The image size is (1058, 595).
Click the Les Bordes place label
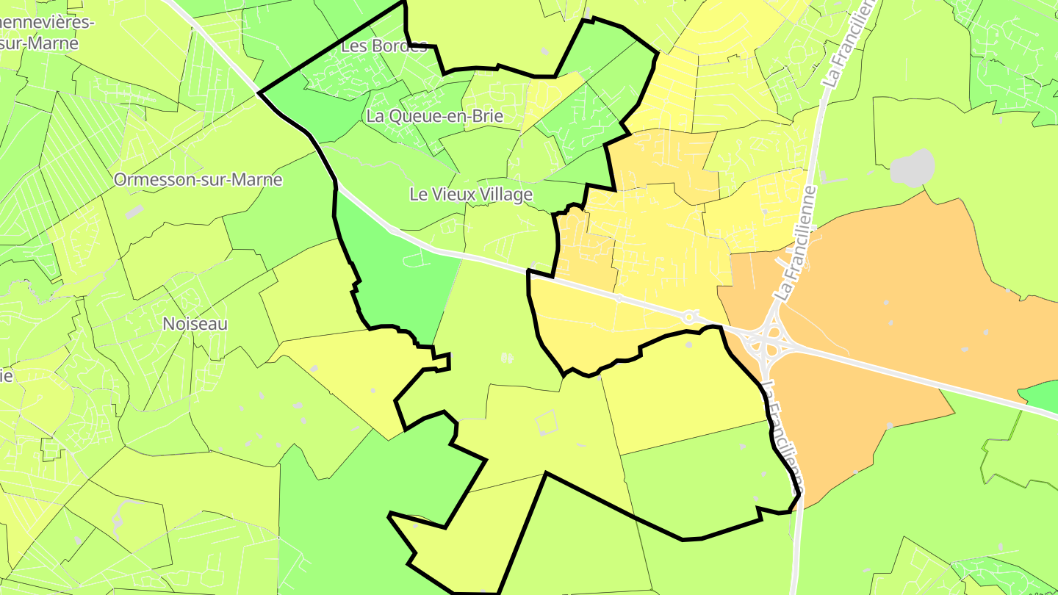[x=384, y=46]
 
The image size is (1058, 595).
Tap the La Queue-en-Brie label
[x=434, y=116]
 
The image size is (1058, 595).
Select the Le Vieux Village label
[x=471, y=195]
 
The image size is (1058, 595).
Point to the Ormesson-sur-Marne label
[x=198, y=180]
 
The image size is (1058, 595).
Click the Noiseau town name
[x=195, y=324]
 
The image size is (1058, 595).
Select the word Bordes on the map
[x=399, y=46]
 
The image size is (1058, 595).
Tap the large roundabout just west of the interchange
[x=689, y=317]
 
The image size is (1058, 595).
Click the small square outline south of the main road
[x=547, y=423]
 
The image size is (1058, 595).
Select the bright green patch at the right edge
[x=1040, y=396]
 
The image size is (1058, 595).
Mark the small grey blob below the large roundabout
[x=689, y=344]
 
